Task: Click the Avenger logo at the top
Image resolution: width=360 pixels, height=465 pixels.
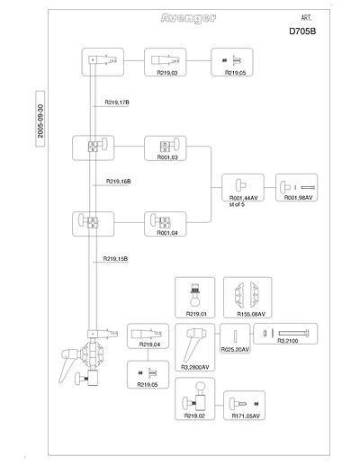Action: [x=188, y=19]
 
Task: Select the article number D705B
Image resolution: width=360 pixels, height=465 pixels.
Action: [x=302, y=31]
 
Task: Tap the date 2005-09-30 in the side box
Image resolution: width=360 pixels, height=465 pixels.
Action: [x=40, y=121]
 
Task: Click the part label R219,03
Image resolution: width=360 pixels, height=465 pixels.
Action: [x=167, y=73]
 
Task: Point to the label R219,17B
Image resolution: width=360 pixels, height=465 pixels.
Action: [x=117, y=103]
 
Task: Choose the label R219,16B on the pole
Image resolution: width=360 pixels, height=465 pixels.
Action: [x=119, y=182]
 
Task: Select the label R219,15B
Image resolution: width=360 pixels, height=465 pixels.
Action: [x=115, y=258]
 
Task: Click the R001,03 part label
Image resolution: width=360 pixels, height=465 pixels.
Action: [x=167, y=157]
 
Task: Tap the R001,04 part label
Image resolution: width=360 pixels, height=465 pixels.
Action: [x=167, y=233]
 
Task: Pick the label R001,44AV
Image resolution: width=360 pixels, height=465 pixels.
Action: [x=244, y=198]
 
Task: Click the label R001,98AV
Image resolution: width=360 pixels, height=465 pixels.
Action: [x=299, y=198]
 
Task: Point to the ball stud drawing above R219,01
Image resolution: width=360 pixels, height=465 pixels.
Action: [x=195, y=294]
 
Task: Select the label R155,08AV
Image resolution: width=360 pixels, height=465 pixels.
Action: [x=251, y=314]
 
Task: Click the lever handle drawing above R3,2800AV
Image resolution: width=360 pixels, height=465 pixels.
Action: [x=193, y=344]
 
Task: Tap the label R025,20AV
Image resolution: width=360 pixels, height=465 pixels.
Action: [x=235, y=350]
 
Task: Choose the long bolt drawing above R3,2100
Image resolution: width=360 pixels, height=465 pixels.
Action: [x=293, y=333]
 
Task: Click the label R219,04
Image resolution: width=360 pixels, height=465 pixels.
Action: [x=149, y=344]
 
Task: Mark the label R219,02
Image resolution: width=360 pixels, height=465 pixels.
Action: [x=194, y=416]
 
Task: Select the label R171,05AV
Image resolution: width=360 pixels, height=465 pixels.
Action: [x=246, y=416]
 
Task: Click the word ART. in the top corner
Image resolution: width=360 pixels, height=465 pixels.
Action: [x=306, y=18]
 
